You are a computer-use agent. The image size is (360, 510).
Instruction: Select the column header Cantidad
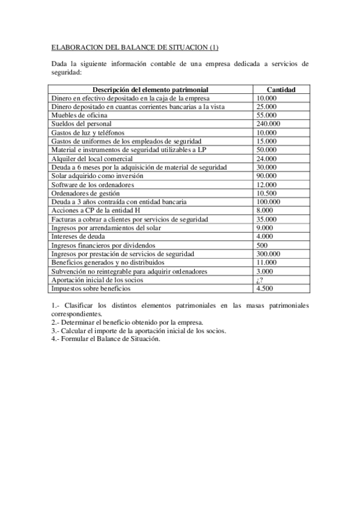tap(281, 90)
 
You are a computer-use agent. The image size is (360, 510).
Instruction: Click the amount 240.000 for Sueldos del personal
tap(268, 124)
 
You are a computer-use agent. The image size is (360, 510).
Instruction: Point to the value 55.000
tap(266, 115)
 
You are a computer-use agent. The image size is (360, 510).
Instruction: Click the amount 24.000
tap(266, 158)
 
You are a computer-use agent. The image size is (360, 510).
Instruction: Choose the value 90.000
tap(266, 176)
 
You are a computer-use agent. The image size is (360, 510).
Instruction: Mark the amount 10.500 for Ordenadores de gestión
tap(266, 193)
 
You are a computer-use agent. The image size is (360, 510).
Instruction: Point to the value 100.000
tap(268, 202)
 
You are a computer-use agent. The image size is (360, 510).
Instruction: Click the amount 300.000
tap(268, 254)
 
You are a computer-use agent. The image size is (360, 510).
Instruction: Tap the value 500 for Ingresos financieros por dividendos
tap(261, 245)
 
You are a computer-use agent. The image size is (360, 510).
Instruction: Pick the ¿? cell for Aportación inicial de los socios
tap(260, 280)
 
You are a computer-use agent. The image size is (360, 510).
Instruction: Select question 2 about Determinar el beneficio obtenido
tap(127, 322)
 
